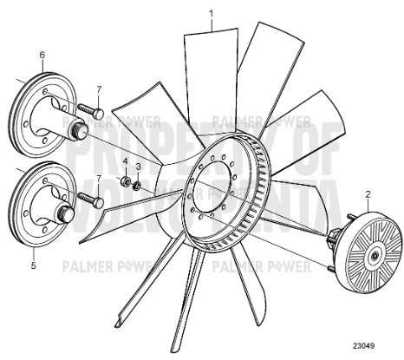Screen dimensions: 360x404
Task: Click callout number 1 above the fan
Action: click(210, 13)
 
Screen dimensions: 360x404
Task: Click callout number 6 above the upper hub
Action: click(41, 55)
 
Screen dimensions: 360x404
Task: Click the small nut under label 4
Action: click(125, 180)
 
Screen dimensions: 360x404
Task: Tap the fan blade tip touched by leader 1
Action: click(211, 35)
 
